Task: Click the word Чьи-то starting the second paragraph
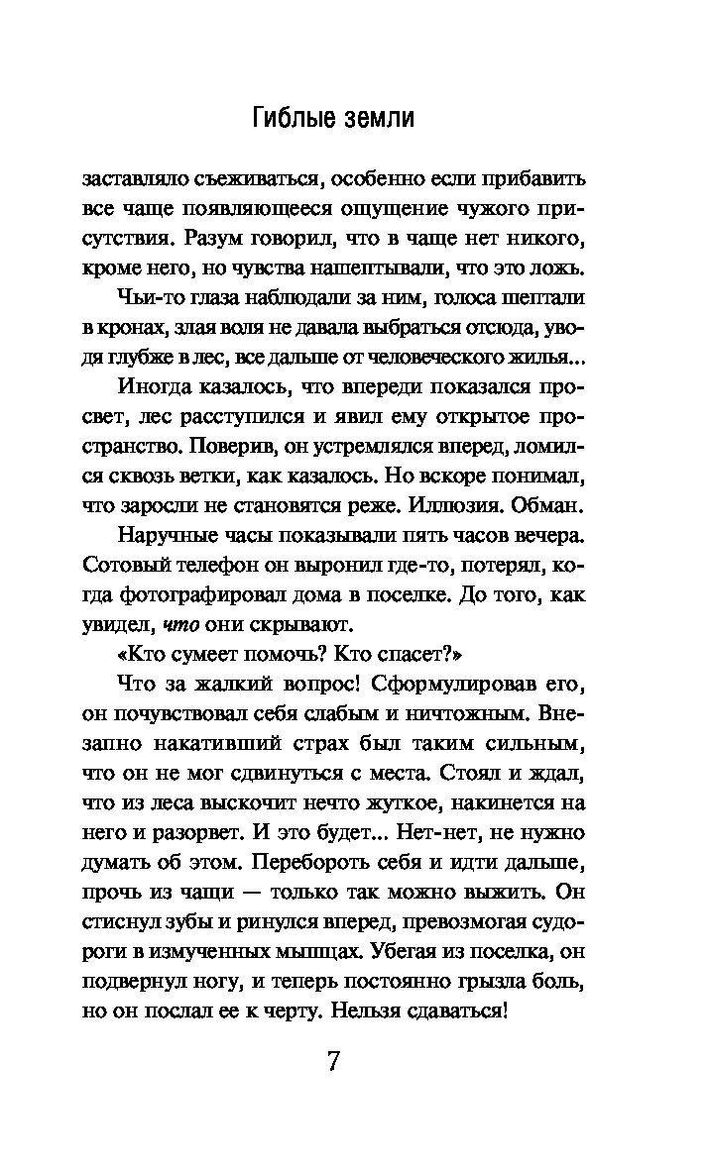[x=147, y=297]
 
